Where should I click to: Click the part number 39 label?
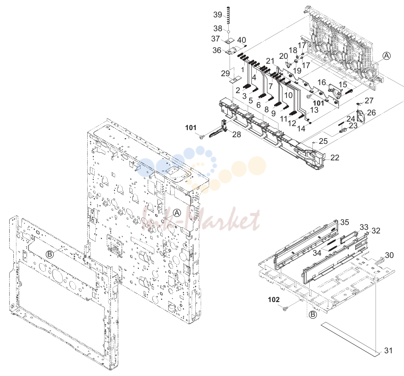(x=218, y=15)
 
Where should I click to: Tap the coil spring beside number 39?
(x=228, y=16)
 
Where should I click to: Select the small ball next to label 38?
(x=228, y=31)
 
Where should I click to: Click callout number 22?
(x=335, y=157)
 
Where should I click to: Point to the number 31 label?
(x=388, y=351)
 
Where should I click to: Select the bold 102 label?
(x=274, y=299)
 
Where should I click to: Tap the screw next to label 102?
(x=285, y=308)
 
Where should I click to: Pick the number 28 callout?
(x=237, y=134)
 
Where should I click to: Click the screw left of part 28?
(x=202, y=136)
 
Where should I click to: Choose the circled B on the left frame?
(x=50, y=254)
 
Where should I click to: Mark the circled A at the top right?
(x=387, y=56)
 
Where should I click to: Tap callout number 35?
(x=345, y=222)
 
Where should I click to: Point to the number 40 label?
(x=242, y=40)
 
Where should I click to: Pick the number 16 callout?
(x=322, y=82)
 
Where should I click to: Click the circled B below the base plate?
(x=312, y=315)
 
